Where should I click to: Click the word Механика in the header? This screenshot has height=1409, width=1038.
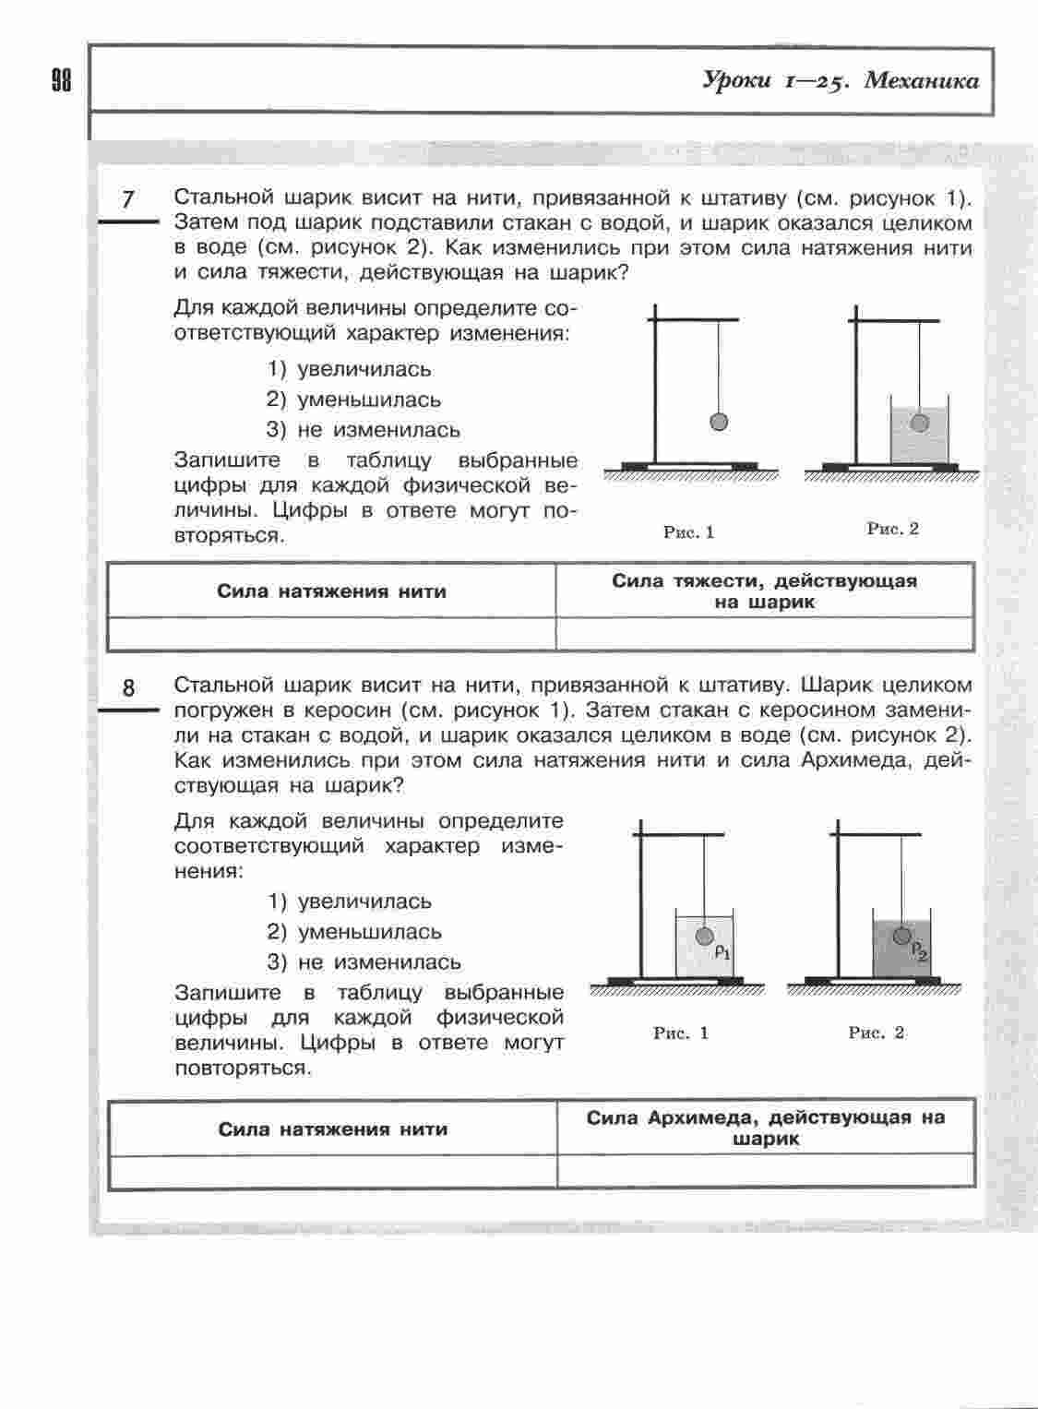(x=922, y=81)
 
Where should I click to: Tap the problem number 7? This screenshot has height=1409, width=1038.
(x=128, y=199)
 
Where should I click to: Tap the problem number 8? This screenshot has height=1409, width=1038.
(x=128, y=687)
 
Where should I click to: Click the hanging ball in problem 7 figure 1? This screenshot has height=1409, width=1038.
(x=719, y=422)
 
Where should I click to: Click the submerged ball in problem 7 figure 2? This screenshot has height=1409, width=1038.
(x=919, y=422)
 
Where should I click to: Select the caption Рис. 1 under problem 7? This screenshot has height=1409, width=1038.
(x=689, y=531)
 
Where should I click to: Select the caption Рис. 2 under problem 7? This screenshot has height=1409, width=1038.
(x=892, y=529)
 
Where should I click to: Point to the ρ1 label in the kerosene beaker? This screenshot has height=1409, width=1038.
(x=722, y=951)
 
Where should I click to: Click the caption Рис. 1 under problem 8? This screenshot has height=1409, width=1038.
(x=681, y=1033)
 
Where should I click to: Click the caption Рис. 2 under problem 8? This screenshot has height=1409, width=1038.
(x=877, y=1033)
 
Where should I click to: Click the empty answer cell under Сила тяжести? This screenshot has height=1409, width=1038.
(x=764, y=634)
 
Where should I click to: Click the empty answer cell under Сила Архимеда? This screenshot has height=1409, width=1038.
(x=765, y=1170)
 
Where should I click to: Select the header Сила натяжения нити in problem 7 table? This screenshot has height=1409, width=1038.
(x=331, y=591)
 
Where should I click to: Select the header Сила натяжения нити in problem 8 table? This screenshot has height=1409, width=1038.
(x=332, y=1129)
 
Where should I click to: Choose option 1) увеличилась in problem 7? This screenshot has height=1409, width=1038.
(x=350, y=370)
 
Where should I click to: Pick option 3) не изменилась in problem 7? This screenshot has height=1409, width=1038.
(x=364, y=430)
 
